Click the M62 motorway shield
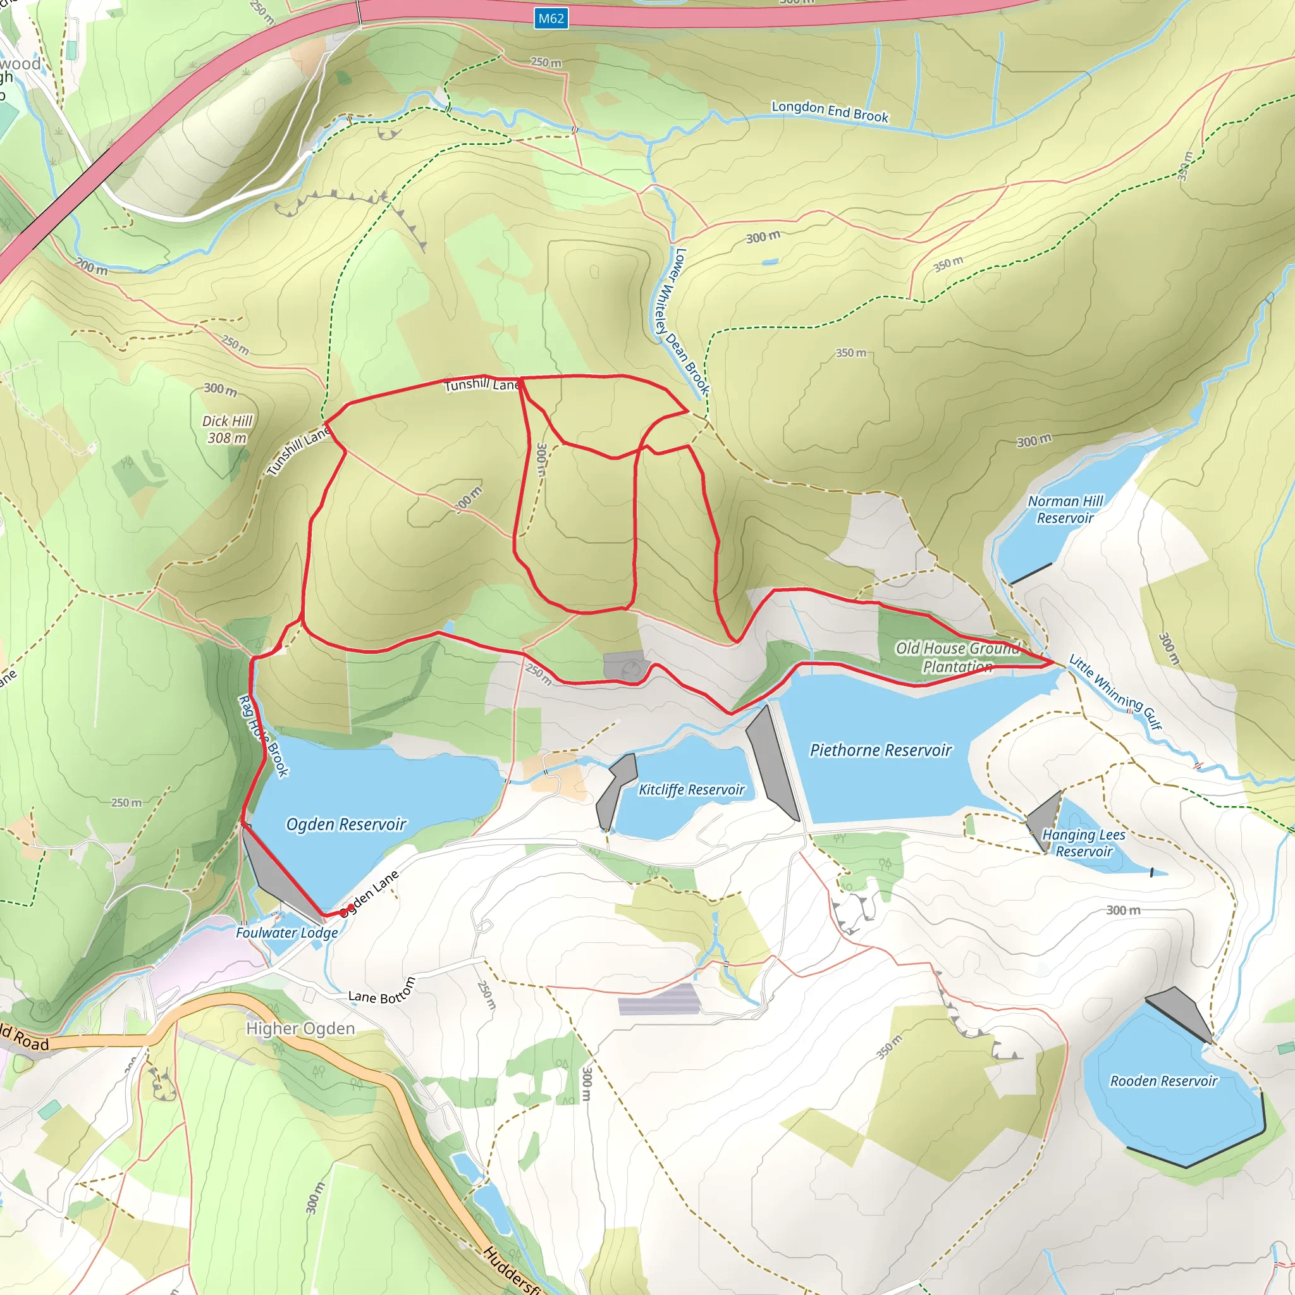coord(551,19)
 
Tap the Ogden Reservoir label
coord(346,824)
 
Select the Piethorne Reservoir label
coord(880,750)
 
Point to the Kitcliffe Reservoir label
coord(691,790)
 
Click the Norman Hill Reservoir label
coord(1065,510)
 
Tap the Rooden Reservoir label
coord(1163,1081)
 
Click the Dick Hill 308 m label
coord(227,429)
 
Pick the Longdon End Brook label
coord(830,111)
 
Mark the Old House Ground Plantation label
coord(957,657)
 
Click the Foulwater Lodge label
coord(287,933)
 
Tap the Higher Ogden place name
coord(300,1028)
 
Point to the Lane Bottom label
coord(382,993)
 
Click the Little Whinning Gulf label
coord(1115,692)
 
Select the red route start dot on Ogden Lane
coord(350,907)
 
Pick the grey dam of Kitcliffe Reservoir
coord(615,791)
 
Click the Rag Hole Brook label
coord(264,736)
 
